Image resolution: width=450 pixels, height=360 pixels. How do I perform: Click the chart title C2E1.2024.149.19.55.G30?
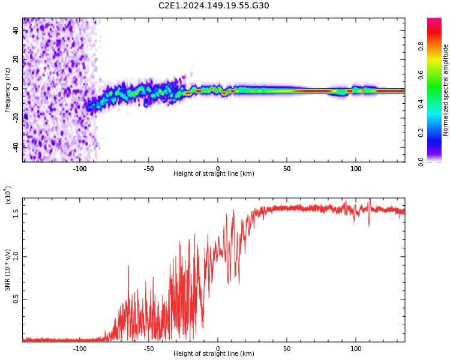coord(214,6)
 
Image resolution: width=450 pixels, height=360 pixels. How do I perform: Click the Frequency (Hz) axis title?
coord(8,90)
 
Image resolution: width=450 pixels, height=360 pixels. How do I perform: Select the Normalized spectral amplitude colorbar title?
coord(446,90)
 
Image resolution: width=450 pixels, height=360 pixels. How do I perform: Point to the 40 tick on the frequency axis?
coord(16,31)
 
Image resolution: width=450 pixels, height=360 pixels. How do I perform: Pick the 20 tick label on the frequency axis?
coord(16,60)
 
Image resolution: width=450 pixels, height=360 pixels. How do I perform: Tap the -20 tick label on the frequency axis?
coord(16,118)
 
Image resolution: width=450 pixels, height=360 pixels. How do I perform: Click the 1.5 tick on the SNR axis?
coord(16,213)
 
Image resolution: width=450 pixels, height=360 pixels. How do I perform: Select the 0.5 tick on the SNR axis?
coord(16,299)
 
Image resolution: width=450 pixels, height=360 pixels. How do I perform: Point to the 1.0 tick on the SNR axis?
coord(16,256)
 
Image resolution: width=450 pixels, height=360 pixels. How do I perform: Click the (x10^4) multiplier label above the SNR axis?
coord(8,195)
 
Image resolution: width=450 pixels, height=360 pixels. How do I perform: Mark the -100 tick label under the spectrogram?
coord(80,169)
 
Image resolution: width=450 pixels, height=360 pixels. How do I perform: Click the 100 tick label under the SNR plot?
coord(356,349)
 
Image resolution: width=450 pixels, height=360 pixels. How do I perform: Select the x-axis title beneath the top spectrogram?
coord(214,174)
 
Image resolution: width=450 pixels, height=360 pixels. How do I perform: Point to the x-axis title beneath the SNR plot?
coord(214,354)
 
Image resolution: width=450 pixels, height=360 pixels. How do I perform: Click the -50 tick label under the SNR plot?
coord(149,349)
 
